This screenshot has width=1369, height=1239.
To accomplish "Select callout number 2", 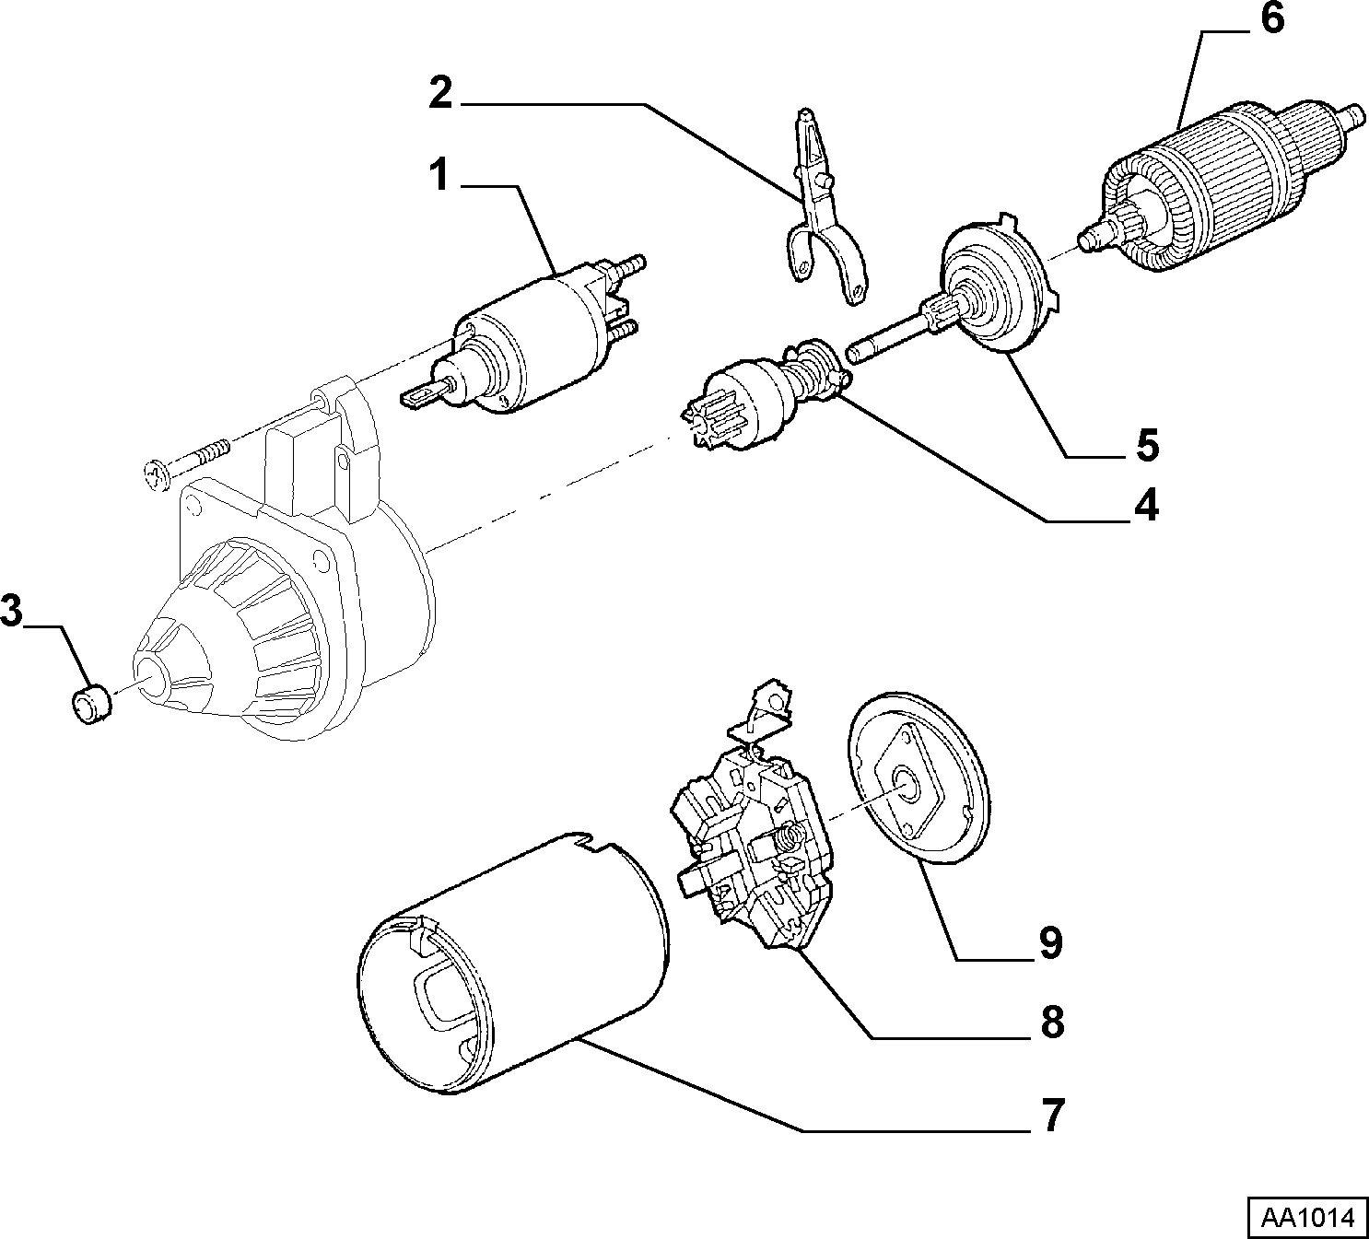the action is click(441, 93).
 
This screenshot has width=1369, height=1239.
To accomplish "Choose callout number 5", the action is click(1147, 445).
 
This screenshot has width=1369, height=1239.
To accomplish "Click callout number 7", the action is click(1052, 1116).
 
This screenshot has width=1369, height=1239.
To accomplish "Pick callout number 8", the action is click(1052, 1023).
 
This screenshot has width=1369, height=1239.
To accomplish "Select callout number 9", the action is click(1050, 944).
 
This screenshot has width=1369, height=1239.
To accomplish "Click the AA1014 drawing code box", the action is click(1306, 1217).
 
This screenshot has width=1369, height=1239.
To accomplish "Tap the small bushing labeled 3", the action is click(91, 703).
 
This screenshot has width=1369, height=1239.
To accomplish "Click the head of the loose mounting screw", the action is click(157, 474).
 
